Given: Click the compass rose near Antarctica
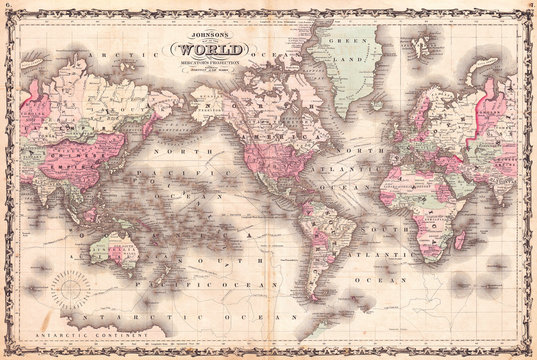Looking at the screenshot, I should (x=72, y=292).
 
